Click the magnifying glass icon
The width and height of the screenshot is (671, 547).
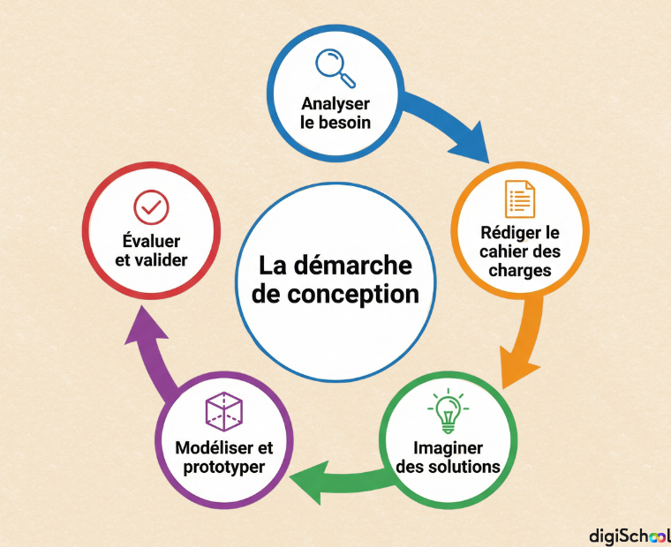(335, 69)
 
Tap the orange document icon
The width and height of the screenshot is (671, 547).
(519, 199)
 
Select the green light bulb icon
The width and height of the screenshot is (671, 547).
(448, 410)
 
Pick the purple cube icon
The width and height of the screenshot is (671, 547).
(223, 411)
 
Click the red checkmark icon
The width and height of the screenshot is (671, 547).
(151, 207)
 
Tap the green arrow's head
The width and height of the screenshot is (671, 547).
(308, 483)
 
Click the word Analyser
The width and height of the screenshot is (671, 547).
(335, 104)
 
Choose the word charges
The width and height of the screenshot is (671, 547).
(519, 270)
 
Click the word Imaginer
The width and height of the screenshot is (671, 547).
(448, 448)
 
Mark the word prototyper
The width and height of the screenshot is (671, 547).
(223, 468)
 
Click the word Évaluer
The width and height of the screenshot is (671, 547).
(151, 241)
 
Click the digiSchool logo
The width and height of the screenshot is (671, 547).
(630, 536)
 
